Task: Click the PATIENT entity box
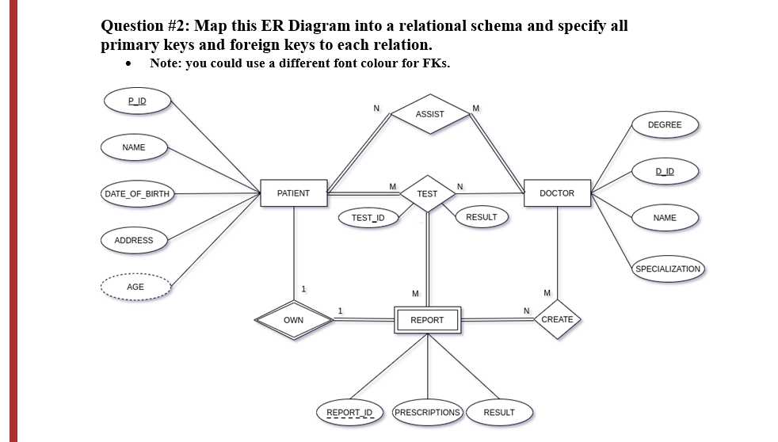click(293, 193)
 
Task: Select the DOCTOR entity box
click(557, 193)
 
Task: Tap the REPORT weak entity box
click(427, 320)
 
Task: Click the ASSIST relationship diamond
click(430, 114)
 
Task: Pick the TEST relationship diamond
click(427, 193)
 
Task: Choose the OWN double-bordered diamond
click(293, 320)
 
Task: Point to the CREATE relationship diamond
click(557, 319)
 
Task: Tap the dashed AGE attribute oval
click(136, 287)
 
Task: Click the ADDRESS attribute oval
click(134, 240)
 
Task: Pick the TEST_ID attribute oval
click(368, 218)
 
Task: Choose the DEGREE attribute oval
click(664, 125)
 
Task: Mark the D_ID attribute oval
click(664, 171)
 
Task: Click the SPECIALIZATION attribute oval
click(668, 269)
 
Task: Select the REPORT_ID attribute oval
click(349, 412)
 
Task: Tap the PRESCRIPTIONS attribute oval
click(427, 412)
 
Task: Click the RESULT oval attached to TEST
click(482, 217)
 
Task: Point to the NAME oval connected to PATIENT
click(134, 147)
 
